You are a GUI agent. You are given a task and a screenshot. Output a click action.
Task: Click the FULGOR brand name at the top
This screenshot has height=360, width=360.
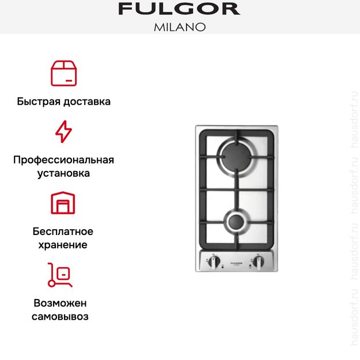click(179, 9)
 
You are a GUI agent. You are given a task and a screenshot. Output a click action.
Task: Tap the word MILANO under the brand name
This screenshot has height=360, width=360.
click(179, 26)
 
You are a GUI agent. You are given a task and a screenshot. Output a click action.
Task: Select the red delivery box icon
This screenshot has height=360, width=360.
click(63, 73)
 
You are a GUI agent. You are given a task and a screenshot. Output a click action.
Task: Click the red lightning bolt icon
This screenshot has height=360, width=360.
click(63, 131)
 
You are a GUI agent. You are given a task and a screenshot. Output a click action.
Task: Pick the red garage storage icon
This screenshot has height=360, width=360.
click(63, 203)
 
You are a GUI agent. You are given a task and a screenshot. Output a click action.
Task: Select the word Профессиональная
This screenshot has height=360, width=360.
click(63, 160)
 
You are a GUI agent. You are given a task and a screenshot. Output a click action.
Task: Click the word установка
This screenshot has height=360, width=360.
click(63, 173)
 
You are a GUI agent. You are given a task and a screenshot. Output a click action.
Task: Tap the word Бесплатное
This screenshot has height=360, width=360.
click(63, 232)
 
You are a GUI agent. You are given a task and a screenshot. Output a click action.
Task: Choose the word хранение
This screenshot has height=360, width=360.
click(63, 245)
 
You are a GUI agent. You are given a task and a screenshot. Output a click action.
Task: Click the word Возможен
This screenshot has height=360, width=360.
click(63, 303)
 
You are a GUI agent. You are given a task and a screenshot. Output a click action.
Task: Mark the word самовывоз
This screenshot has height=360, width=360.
click(63, 316)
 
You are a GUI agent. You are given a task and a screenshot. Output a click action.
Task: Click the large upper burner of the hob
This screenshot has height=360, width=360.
click(236, 157)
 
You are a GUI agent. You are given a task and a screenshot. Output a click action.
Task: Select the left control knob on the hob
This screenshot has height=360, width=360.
click(214, 262)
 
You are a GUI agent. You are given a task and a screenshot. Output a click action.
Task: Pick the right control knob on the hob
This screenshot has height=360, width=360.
click(259, 262)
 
